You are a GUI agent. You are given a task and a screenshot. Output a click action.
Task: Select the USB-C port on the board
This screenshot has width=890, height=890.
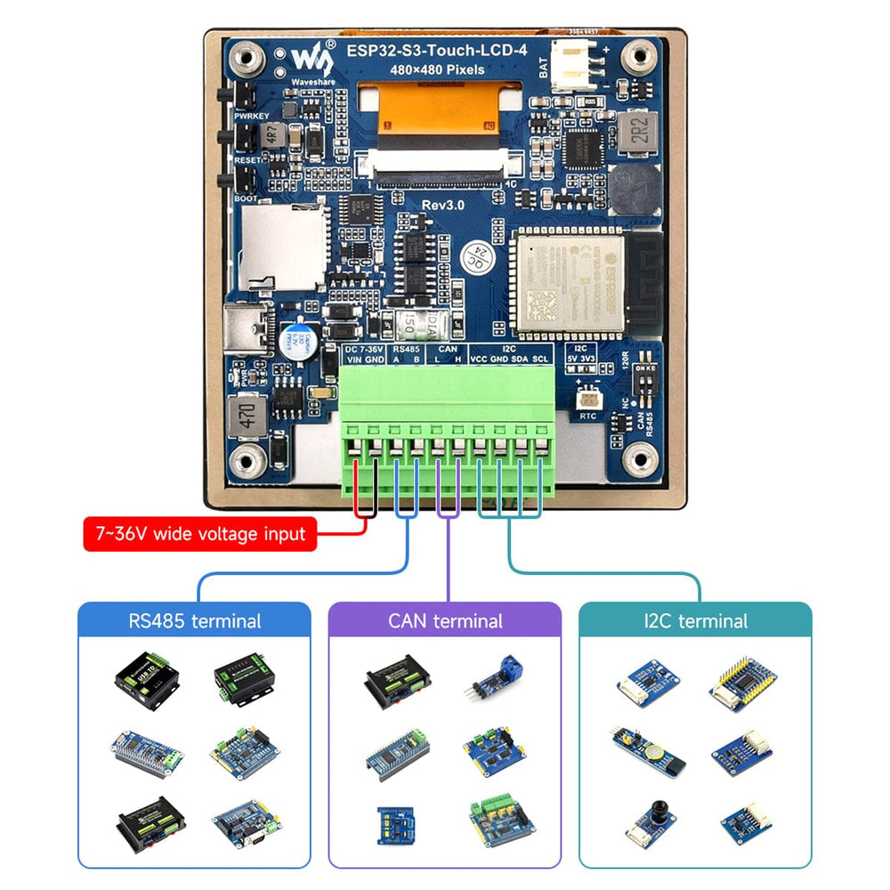pyautogui.click(x=251, y=330)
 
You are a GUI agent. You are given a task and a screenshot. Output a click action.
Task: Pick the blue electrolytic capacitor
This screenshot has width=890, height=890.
pyautogui.click(x=294, y=342)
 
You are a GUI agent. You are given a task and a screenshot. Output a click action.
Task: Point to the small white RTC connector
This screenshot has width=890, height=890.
pyautogui.click(x=587, y=400)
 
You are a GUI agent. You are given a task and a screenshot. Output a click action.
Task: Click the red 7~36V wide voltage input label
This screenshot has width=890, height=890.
pyautogui.click(x=200, y=534)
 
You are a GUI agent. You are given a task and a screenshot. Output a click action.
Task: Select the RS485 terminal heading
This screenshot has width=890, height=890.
pyautogui.click(x=195, y=620)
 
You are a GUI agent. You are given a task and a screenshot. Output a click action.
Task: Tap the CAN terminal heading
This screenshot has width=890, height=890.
pyautogui.click(x=445, y=620)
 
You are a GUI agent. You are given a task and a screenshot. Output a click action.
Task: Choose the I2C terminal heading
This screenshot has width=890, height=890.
pyautogui.click(x=695, y=620)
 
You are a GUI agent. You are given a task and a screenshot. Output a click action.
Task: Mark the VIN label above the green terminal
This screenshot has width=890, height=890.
pyautogui.click(x=353, y=360)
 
